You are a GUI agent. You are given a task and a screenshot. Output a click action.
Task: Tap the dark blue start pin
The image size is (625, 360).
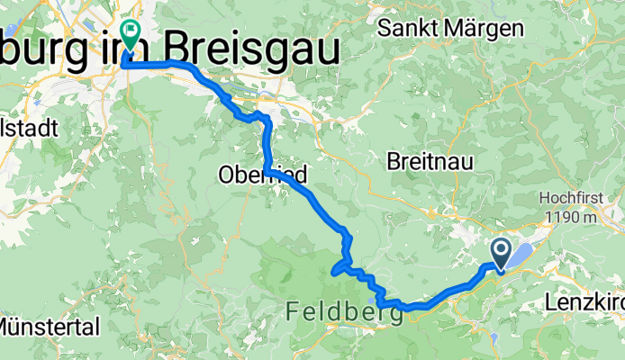[501, 253]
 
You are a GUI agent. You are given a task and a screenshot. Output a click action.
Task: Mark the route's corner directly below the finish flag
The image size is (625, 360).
[123, 64]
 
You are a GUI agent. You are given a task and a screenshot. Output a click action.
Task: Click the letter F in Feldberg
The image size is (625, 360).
[294, 311]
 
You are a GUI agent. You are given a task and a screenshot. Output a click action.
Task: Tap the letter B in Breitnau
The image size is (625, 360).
[394, 161]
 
